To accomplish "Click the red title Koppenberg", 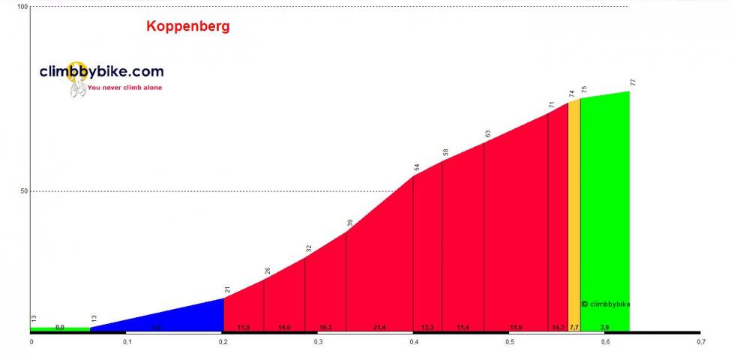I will coord(187,26).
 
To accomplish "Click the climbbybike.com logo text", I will coord(101,72).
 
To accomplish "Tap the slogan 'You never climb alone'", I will coord(124,88).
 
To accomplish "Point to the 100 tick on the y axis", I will coord(22,7).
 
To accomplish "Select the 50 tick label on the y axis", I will coord(23,191).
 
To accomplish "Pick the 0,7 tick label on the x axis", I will coord(700,342).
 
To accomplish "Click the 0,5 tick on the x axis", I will coord(509,342).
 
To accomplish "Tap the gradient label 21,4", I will coord(379,328).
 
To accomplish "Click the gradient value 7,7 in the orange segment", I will coord(574,328).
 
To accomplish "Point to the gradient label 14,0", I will coord(284,328).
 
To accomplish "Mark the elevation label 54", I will coord(418,167).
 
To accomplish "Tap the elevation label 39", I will coord(350,223).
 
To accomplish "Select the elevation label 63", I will coord(488,133).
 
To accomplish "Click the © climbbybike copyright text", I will coord(606,304).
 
